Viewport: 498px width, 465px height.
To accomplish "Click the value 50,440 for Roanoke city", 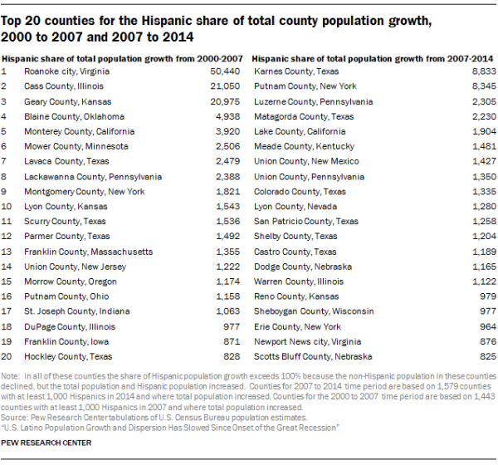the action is point(225,71).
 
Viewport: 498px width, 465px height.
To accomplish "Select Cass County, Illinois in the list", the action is point(64,86).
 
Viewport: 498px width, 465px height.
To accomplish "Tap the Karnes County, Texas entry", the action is point(296,71).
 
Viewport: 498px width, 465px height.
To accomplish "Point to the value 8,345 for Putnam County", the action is point(484,86).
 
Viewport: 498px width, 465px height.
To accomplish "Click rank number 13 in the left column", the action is point(7,252).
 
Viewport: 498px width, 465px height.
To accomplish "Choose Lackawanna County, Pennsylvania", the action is point(93,177).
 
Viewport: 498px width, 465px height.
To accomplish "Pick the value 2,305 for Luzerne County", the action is point(484,101).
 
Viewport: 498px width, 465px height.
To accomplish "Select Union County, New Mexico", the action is point(306,161).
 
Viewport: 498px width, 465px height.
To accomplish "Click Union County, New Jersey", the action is point(76,267).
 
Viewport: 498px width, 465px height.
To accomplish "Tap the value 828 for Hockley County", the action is point(232,356).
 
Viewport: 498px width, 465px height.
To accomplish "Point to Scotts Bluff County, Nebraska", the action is point(313,356).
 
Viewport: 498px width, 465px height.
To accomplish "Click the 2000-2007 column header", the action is point(122,59).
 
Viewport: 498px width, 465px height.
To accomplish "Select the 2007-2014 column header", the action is point(373,59).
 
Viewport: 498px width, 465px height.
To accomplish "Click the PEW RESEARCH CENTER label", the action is point(46,443).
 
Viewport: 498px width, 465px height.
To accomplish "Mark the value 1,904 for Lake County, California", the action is point(484,131).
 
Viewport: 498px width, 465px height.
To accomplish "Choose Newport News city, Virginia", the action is point(307,341).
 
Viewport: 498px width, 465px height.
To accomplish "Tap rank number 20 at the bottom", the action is point(7,356).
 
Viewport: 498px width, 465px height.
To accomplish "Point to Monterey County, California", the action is point(80,131).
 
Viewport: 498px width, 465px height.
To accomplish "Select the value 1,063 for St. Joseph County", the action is point(228,311).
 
